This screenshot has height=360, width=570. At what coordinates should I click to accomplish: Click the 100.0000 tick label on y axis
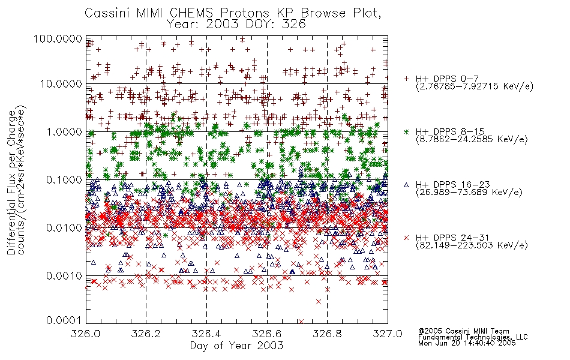point(58,38)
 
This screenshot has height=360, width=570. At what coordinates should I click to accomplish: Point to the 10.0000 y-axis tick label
point(61,84)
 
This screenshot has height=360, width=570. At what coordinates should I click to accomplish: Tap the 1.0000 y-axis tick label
point(64,131)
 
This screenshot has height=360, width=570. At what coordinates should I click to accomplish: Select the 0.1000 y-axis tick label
point(64,179)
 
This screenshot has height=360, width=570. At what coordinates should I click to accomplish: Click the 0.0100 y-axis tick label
point(64,227)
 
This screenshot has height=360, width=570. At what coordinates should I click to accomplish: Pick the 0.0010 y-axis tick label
point(64,275)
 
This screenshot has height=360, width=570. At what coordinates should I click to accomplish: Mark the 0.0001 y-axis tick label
point(64,320)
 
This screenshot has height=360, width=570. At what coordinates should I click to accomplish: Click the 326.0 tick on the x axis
point(86,334)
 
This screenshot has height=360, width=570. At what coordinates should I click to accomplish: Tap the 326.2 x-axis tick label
point(146,334)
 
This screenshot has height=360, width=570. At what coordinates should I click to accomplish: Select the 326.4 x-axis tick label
point(206,334)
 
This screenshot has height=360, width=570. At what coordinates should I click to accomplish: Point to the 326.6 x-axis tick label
point(267,334)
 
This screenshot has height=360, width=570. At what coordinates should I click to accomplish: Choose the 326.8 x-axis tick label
point(327,334)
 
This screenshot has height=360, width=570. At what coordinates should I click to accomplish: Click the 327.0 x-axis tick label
point(388,334)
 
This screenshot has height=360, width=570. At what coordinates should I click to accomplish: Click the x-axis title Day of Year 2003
point(236,346)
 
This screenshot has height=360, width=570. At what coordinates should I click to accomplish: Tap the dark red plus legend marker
point(406,79)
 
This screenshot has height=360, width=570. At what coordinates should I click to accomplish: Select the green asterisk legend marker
point(406,131)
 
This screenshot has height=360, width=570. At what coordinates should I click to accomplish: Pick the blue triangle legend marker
point(406,185)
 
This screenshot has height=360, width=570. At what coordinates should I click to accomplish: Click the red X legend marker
point(406,238)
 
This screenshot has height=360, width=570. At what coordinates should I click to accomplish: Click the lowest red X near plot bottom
point(301,322)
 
